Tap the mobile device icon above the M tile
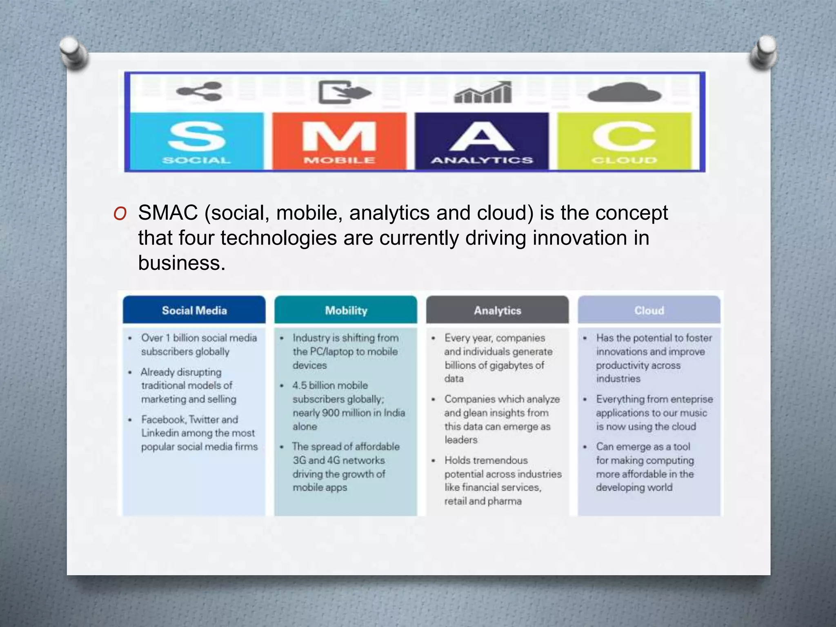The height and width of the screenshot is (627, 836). coord(344,92)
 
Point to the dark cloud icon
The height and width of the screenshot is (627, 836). coord(624,93)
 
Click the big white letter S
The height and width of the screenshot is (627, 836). coord(196,137)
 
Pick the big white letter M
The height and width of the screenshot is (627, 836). coord(339,137)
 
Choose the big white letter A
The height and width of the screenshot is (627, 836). coord(482,137)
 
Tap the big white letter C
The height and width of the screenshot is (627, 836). coord(624,137)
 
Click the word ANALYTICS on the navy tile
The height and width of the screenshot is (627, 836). coord(482,160)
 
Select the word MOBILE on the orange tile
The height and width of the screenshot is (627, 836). coord(339,160)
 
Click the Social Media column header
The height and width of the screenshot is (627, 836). coord(194,311)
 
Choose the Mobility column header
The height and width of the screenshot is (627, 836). coord(346,311)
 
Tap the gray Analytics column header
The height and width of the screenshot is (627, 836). coord(498,311)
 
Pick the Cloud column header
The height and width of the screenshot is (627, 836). coord(649,311)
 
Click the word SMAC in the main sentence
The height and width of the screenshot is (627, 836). coord(168,213)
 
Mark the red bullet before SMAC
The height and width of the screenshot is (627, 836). coord(120,213)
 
